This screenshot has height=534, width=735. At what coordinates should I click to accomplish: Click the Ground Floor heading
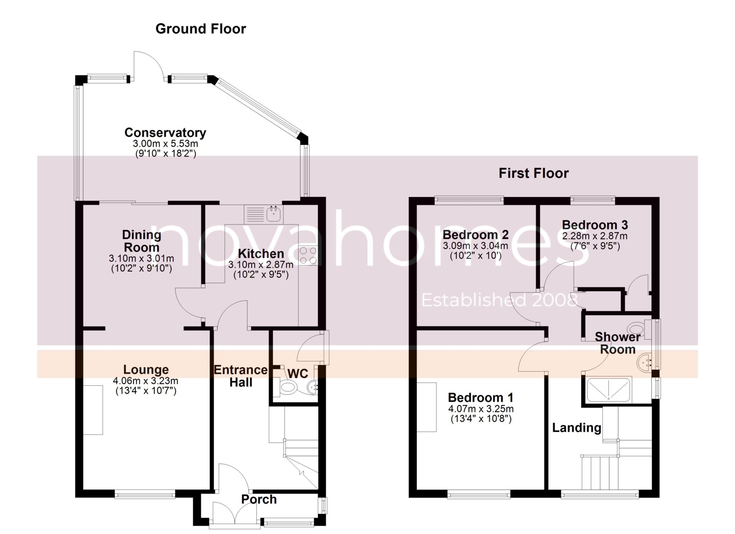pyautogui.click(x=201, y=29)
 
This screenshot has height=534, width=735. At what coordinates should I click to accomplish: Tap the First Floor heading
pyautogui.click(x=533, y=174)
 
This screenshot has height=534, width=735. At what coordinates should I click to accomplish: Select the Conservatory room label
pyautogui.click(x=165, y=133)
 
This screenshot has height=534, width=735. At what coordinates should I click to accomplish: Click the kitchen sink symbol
pyautogui.click(x=275, y=214)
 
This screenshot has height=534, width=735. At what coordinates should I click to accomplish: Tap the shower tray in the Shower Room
pyautogui.click(x=608, y=389)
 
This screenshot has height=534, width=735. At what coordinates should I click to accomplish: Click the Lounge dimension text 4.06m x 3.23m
pyautogui.click(x=145, y=381)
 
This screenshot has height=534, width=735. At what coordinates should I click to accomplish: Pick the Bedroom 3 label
pyautogui.click(x=595, y=225)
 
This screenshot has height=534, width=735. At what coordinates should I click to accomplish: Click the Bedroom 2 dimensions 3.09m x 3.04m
pyautogui.click(x=475, y=246)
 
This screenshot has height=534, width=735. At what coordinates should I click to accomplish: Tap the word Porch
pyautogui.click(x=259, y=499)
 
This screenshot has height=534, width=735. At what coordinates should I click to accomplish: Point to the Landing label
pyautogui.click(x=576, y=427)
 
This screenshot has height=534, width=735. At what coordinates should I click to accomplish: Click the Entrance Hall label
pyautogui.click(x=241, y=376)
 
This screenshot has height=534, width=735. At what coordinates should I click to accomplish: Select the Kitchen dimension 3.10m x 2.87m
pyautogui.click(x=261, y=265)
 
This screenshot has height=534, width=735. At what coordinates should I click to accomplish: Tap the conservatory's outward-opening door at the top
pyautogui.click(x=149, y=65)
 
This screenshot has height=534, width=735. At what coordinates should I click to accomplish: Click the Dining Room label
pyautogui.click(x=141, y=241)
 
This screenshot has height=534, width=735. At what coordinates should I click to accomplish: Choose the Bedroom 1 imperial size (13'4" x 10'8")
pyautogui.click(x=481, y=419)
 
